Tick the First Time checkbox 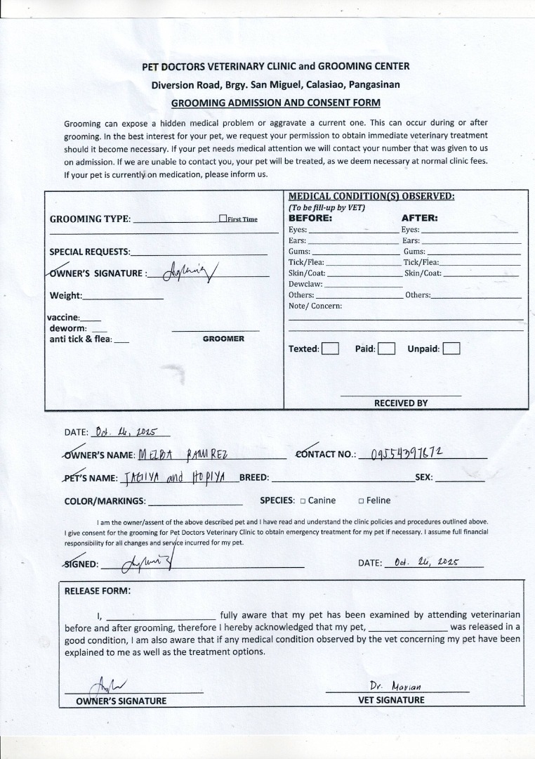coord(223,219)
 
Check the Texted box coord(330,349)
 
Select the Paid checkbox coord(386,349)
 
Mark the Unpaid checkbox coord(451,349)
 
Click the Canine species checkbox coord(303,501)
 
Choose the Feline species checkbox coord(361,501)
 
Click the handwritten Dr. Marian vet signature coord(396,686)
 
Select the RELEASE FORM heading coord(98,591)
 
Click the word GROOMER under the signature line coord(223,339)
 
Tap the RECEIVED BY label coord(400,403)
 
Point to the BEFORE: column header coord(310,218)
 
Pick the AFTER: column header coord(419,218)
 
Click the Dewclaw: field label coord(305,284)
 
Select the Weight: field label coord(66,296)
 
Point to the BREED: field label coord(254,478)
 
